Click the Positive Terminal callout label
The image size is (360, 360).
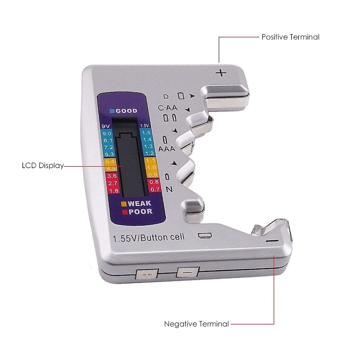pos(290,37)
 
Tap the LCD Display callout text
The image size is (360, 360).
pos(43,166)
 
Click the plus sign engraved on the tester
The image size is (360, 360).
pos(221,73)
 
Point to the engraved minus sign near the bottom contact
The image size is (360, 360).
pos(273,241)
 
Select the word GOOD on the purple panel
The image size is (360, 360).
pos(126,111)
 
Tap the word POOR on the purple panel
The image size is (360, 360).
pos(140,211)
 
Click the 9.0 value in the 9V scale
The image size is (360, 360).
pos(107,133)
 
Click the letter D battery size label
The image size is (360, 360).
pos(166,97)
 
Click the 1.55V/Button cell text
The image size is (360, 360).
pos(148,238)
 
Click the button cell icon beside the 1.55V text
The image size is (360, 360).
pos(205,235)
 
